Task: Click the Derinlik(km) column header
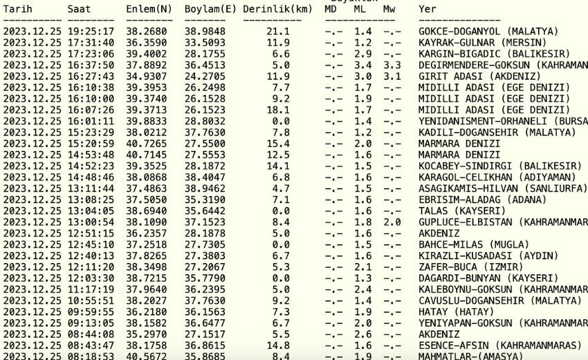point(277,9)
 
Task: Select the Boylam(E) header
point(210,9)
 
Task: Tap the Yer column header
point(428,9)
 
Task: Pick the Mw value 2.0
point(392,222)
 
